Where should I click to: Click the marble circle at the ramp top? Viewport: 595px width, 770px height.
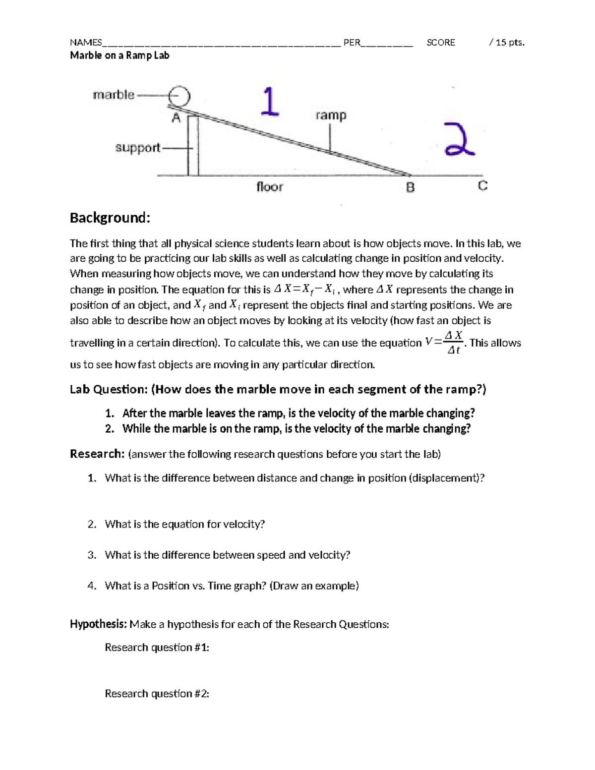pyautogui.click(x=179, y=95)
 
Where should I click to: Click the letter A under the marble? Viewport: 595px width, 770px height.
pyautogui.click(x=176, y=118)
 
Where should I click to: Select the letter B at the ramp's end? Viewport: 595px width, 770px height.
pyautogui.click(x=410, y=188)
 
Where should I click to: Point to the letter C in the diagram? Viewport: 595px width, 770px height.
pyautogui.click(x=482, y=186)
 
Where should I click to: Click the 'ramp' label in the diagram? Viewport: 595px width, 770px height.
pyautogui.click(x=331, y=116)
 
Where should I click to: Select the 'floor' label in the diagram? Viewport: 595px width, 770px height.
pyautogui.click(x=269, y=187)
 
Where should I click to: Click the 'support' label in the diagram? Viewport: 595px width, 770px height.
pyautogui.click(x=137, y=148)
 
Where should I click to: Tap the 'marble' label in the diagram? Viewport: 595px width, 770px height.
pyautogui.click(x=114, y=95)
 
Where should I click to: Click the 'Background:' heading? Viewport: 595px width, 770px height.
pyautogui.click(x=110, y=218)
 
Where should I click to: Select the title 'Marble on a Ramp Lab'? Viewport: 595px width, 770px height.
pyautogui.click(x=119, y=56)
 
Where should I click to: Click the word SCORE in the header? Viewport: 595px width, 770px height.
pyautogui.click(x=441, y=43)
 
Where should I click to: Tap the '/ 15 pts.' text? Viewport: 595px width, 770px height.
pyautogui.click(x=506, y=43)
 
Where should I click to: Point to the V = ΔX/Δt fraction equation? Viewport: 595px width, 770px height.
pyautogui.click(x=445, y=343)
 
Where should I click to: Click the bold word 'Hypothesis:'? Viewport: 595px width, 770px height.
pyautogui.click(x=99, y=624)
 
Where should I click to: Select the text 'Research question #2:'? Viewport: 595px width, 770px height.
pyautogui.click(x=157, y=694)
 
